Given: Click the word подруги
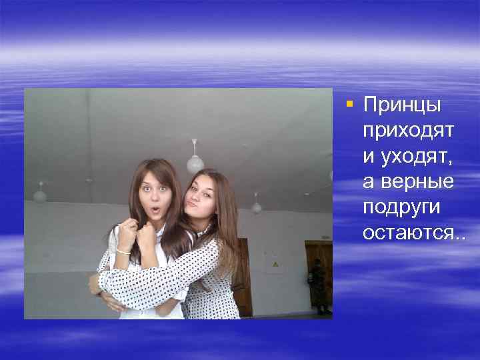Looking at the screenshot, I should [401, 207].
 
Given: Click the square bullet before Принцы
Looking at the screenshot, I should [350, 104].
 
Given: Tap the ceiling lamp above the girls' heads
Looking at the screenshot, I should [195, 161].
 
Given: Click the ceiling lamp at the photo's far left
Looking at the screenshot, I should [40, 195].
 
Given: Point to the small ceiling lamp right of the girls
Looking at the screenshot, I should [257, 206].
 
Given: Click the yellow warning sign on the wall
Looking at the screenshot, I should [274, 265].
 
